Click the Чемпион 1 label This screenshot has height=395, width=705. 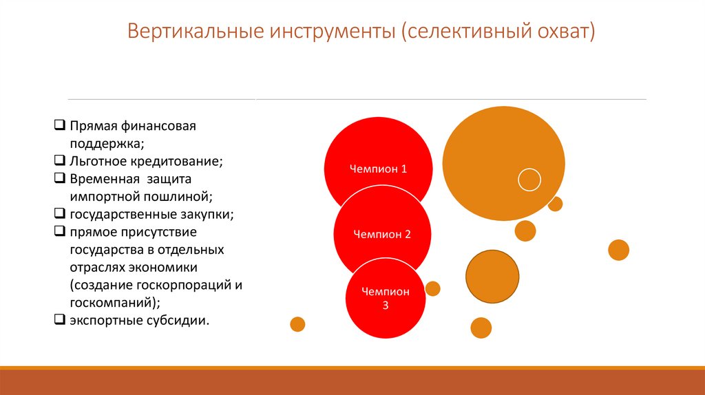(x=378, y=169)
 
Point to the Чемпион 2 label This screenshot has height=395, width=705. (x=382, y=234)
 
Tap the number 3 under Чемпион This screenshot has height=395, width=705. (x=386, y=305)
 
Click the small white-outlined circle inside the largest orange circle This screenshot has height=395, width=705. (x=529, y=180)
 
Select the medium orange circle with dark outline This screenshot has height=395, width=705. (x=492, y=277)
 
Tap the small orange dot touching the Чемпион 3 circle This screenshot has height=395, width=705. (x=432, y=288)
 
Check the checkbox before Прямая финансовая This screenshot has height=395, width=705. (x=60, y=127)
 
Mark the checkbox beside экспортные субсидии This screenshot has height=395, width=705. (x=60, y=320)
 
